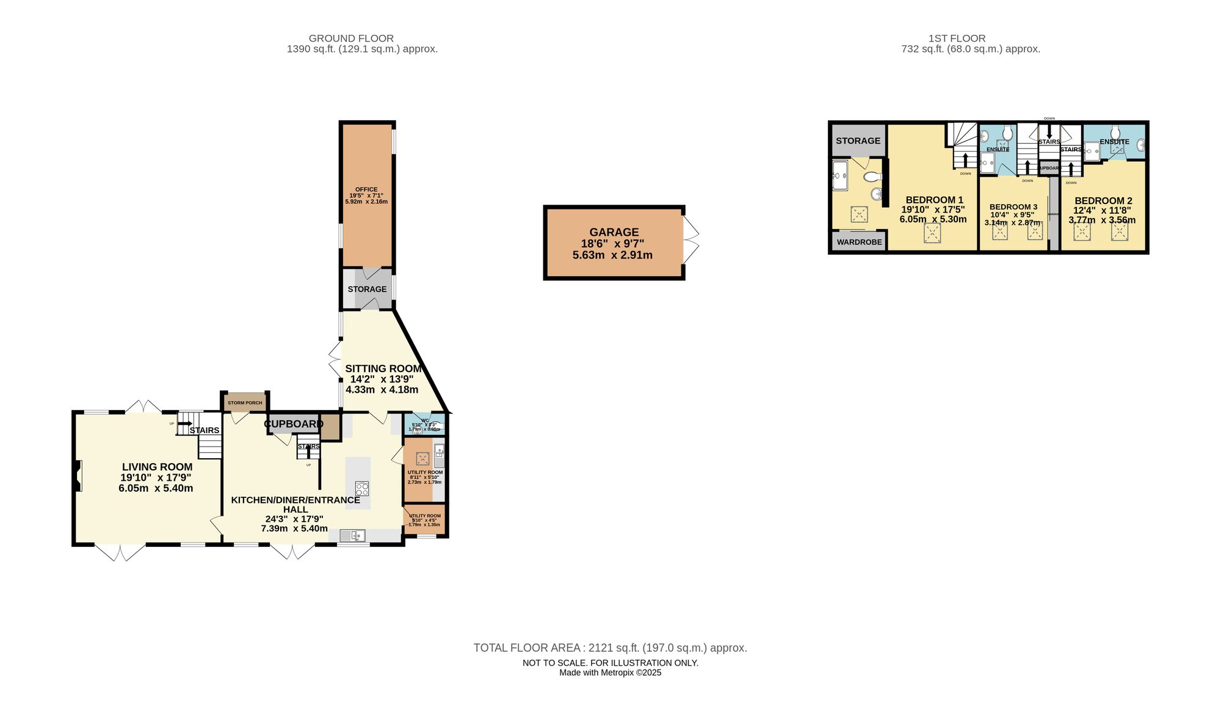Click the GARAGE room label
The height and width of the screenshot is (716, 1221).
(614, 232)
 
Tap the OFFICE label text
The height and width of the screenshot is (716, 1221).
(366, 189)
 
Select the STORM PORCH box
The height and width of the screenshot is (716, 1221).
(245, 403)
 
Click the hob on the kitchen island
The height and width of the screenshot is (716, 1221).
(362, 489)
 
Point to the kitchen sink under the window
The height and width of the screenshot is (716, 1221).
(352, 536)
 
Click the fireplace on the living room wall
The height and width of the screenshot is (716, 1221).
(78, 476)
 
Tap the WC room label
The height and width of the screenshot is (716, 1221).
(425, 420)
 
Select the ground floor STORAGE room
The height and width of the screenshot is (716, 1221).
(367, 289)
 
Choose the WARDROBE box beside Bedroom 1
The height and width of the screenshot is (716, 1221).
(859, 242)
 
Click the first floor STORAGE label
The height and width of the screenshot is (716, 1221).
(858, 141)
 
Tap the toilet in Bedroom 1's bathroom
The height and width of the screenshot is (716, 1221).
(872, 177)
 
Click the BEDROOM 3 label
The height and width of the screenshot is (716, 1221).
(1013, 207)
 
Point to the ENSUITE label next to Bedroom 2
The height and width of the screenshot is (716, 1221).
(1114, 142)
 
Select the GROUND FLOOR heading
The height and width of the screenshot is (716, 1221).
(351, 38)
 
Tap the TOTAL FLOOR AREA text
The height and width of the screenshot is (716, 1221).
(610, 648)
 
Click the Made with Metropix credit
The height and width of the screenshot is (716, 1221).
(610, 673)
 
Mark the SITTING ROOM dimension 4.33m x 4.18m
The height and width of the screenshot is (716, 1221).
(382, 389)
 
